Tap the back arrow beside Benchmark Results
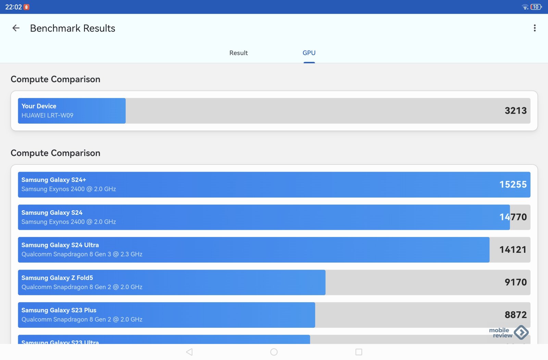click(16, 28)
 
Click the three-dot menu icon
click(534, 28)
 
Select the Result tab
click(238, 53)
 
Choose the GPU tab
click(309, 53)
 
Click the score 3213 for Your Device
click(515, 111)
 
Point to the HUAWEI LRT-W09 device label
click(47, 115)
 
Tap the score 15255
click(513, 185)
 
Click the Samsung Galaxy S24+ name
click(54, 180)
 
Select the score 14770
click(513, 217)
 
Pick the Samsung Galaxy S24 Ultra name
click(60, 245)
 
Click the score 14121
click(513, 250)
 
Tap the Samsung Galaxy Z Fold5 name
click(57, 278)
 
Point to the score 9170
click(515, 282)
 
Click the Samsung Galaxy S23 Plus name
click(59, 310)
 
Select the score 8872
click(515, 315)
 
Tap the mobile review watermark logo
click(509, 333)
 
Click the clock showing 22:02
click(13, 7)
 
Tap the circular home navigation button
click(274, 352)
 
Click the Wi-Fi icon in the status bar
click(525, 7)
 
